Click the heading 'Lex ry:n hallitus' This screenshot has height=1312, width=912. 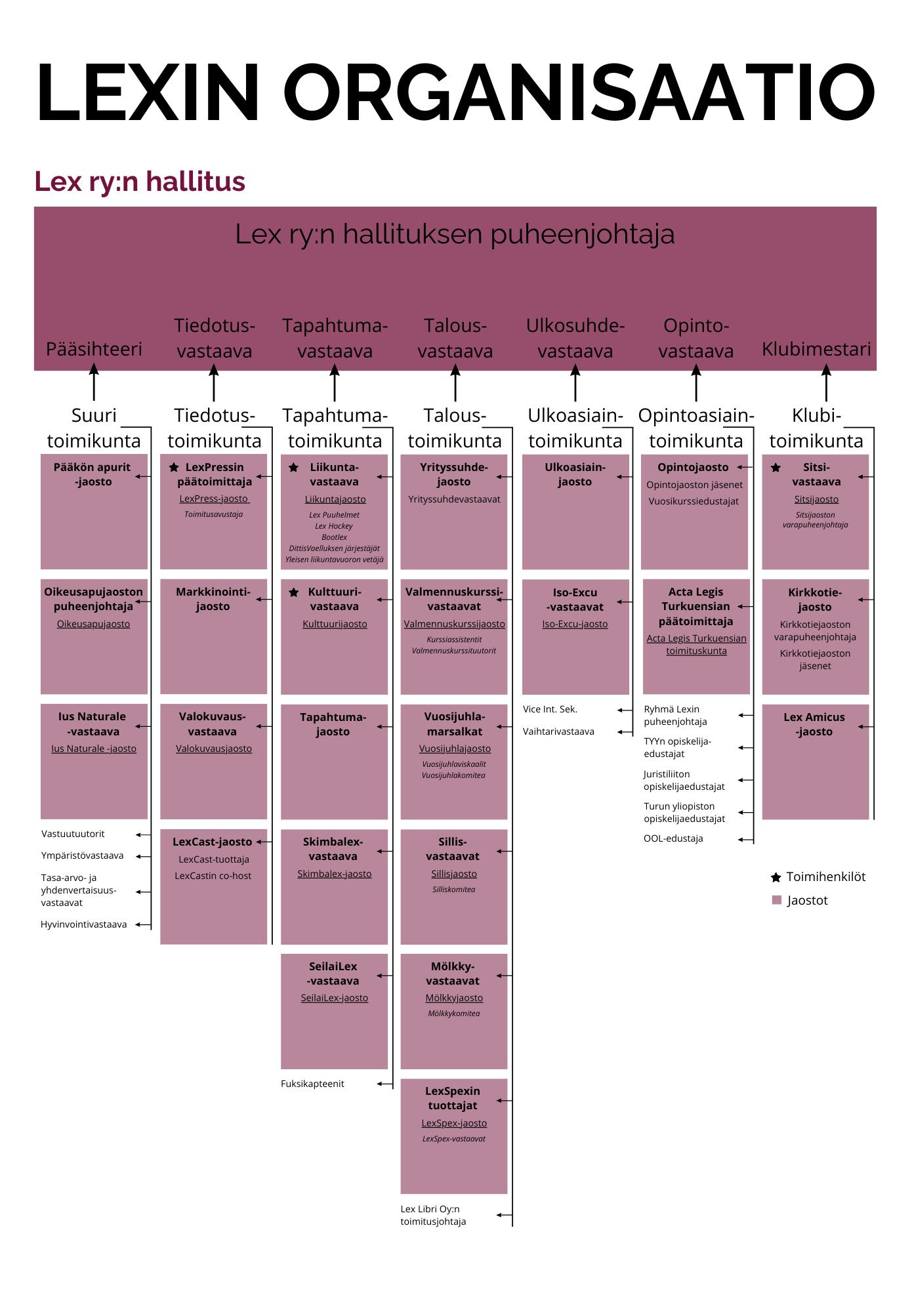(x=140, y=182)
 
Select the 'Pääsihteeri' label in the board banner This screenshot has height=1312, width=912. (x=94, y=349)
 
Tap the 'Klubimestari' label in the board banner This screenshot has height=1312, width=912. (x=816, y=349)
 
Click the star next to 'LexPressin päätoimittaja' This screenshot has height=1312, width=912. (x=174, y=468)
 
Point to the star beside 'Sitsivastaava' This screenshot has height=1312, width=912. (x=776, y=468)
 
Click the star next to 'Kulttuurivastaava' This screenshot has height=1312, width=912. (x=294, y=592)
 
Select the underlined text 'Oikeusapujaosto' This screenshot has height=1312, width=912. (x=93, y=624)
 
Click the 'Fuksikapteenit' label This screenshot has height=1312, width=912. (x=312, y=1084)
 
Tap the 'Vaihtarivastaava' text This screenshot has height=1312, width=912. (x=558, y=731)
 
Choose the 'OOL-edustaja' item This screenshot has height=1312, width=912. (x=673, y=838)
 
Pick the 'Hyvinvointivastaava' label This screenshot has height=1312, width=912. (x=83, y=924)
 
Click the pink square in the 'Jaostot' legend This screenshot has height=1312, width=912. (x=777, y=901)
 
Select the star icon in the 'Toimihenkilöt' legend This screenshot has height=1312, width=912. (x=776, y=878)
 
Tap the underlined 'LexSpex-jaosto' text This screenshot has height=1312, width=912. (x=454, y=1123)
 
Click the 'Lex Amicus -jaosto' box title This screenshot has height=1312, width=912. (x=814, y=724)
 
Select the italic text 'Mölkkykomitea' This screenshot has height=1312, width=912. (x=454, y=1014)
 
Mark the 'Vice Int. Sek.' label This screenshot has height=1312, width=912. (x=550, y=709)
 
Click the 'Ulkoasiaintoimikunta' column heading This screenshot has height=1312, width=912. (x=575, y=428)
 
